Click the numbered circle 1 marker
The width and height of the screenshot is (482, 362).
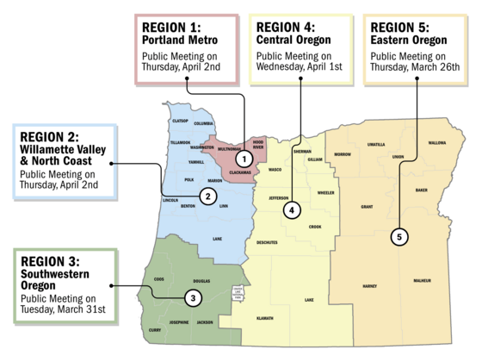[244, 159]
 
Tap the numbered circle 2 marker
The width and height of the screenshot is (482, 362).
[207, 197]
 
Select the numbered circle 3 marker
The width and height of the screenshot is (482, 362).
[193, 298]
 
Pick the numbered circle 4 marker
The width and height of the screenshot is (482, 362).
[292, 209]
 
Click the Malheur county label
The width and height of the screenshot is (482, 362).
[422, 281]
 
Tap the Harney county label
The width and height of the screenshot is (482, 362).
[370, 285]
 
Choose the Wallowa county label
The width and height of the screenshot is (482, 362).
[437, 143]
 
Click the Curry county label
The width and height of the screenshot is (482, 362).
[154, 330]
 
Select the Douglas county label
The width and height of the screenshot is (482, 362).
[201, 281]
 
